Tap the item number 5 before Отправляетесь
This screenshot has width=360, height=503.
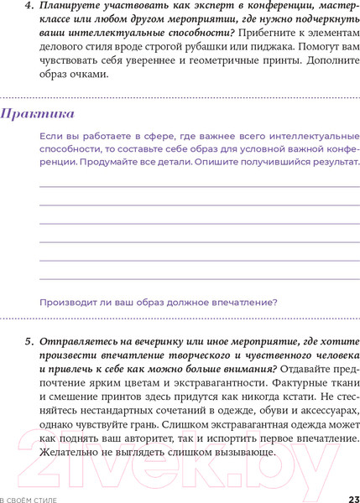[28, 342]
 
